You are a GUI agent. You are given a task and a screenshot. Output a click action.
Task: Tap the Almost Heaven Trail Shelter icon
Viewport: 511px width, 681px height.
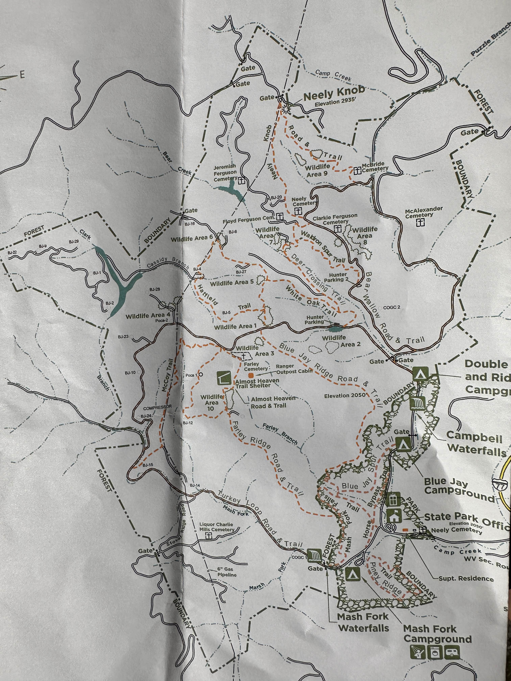click(224, 378)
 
